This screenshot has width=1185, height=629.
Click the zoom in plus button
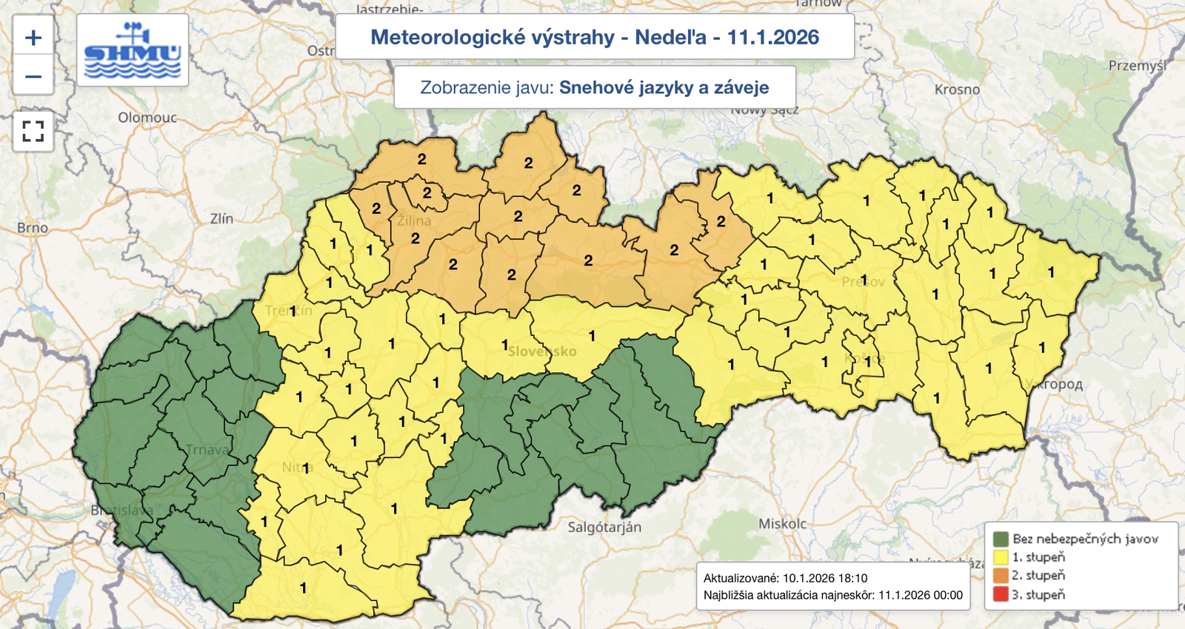point(33,38)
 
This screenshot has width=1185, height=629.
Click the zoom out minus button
point(33,76)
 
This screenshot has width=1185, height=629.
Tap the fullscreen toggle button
point(33,132)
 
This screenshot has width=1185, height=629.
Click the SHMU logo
point(133,50)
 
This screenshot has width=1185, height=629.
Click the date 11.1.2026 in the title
point(772,37)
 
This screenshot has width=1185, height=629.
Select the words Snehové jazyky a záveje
point(664,87)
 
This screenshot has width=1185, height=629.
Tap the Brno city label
point(33,228)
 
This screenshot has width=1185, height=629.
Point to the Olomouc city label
point(147,118)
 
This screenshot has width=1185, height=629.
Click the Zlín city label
point(221,218)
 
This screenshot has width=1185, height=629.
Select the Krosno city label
point(957,90)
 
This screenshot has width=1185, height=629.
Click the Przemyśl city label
point(1137,66)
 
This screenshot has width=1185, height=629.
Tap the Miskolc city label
point(782,524)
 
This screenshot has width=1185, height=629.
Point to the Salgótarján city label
point(604,527)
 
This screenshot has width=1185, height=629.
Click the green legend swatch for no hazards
point(1001,539)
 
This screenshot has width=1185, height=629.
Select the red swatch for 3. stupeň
point(1001,594)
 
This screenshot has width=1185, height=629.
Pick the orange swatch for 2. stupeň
point(1001,576)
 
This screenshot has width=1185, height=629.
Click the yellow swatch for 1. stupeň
point(1001,557)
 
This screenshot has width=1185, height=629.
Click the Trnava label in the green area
point(207,449)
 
